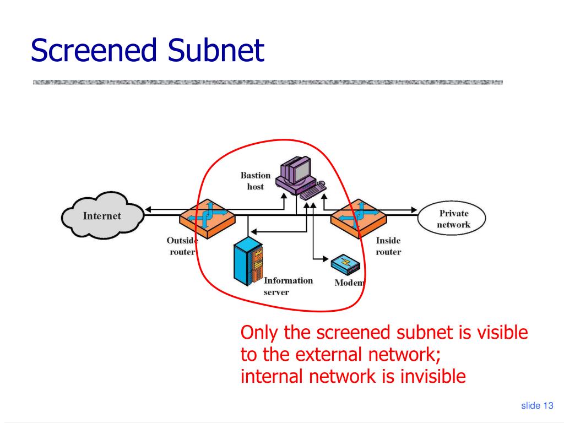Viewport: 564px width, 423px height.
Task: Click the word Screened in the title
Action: coord(94,50)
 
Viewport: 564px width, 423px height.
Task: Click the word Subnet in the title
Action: coord(216,50)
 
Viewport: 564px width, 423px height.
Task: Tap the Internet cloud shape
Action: coord(102,215)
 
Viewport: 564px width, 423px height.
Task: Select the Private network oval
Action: coord(452,218)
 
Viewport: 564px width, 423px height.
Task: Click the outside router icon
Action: coord(208,219)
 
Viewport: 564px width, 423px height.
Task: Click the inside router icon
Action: coord(359,219)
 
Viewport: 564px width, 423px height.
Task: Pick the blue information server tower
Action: coord(248,261)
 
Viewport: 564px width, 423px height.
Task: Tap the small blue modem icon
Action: coord(345,265)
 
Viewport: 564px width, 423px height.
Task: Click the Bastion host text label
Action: coord(256,181)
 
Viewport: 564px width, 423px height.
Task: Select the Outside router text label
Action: coord(182,246)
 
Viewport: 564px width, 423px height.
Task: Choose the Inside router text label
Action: coord(388,246)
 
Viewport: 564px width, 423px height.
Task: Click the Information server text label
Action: coord(288,286)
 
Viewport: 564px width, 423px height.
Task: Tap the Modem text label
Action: coord(350,283)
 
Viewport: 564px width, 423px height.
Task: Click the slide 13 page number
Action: coord(537,405)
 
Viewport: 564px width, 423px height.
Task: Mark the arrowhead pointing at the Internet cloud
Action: coord(148,209)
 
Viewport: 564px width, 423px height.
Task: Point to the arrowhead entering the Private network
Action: coord(414,209)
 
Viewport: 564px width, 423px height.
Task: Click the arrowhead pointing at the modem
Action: coord(326,259)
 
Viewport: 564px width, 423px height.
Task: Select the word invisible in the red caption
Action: coord(433,376)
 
